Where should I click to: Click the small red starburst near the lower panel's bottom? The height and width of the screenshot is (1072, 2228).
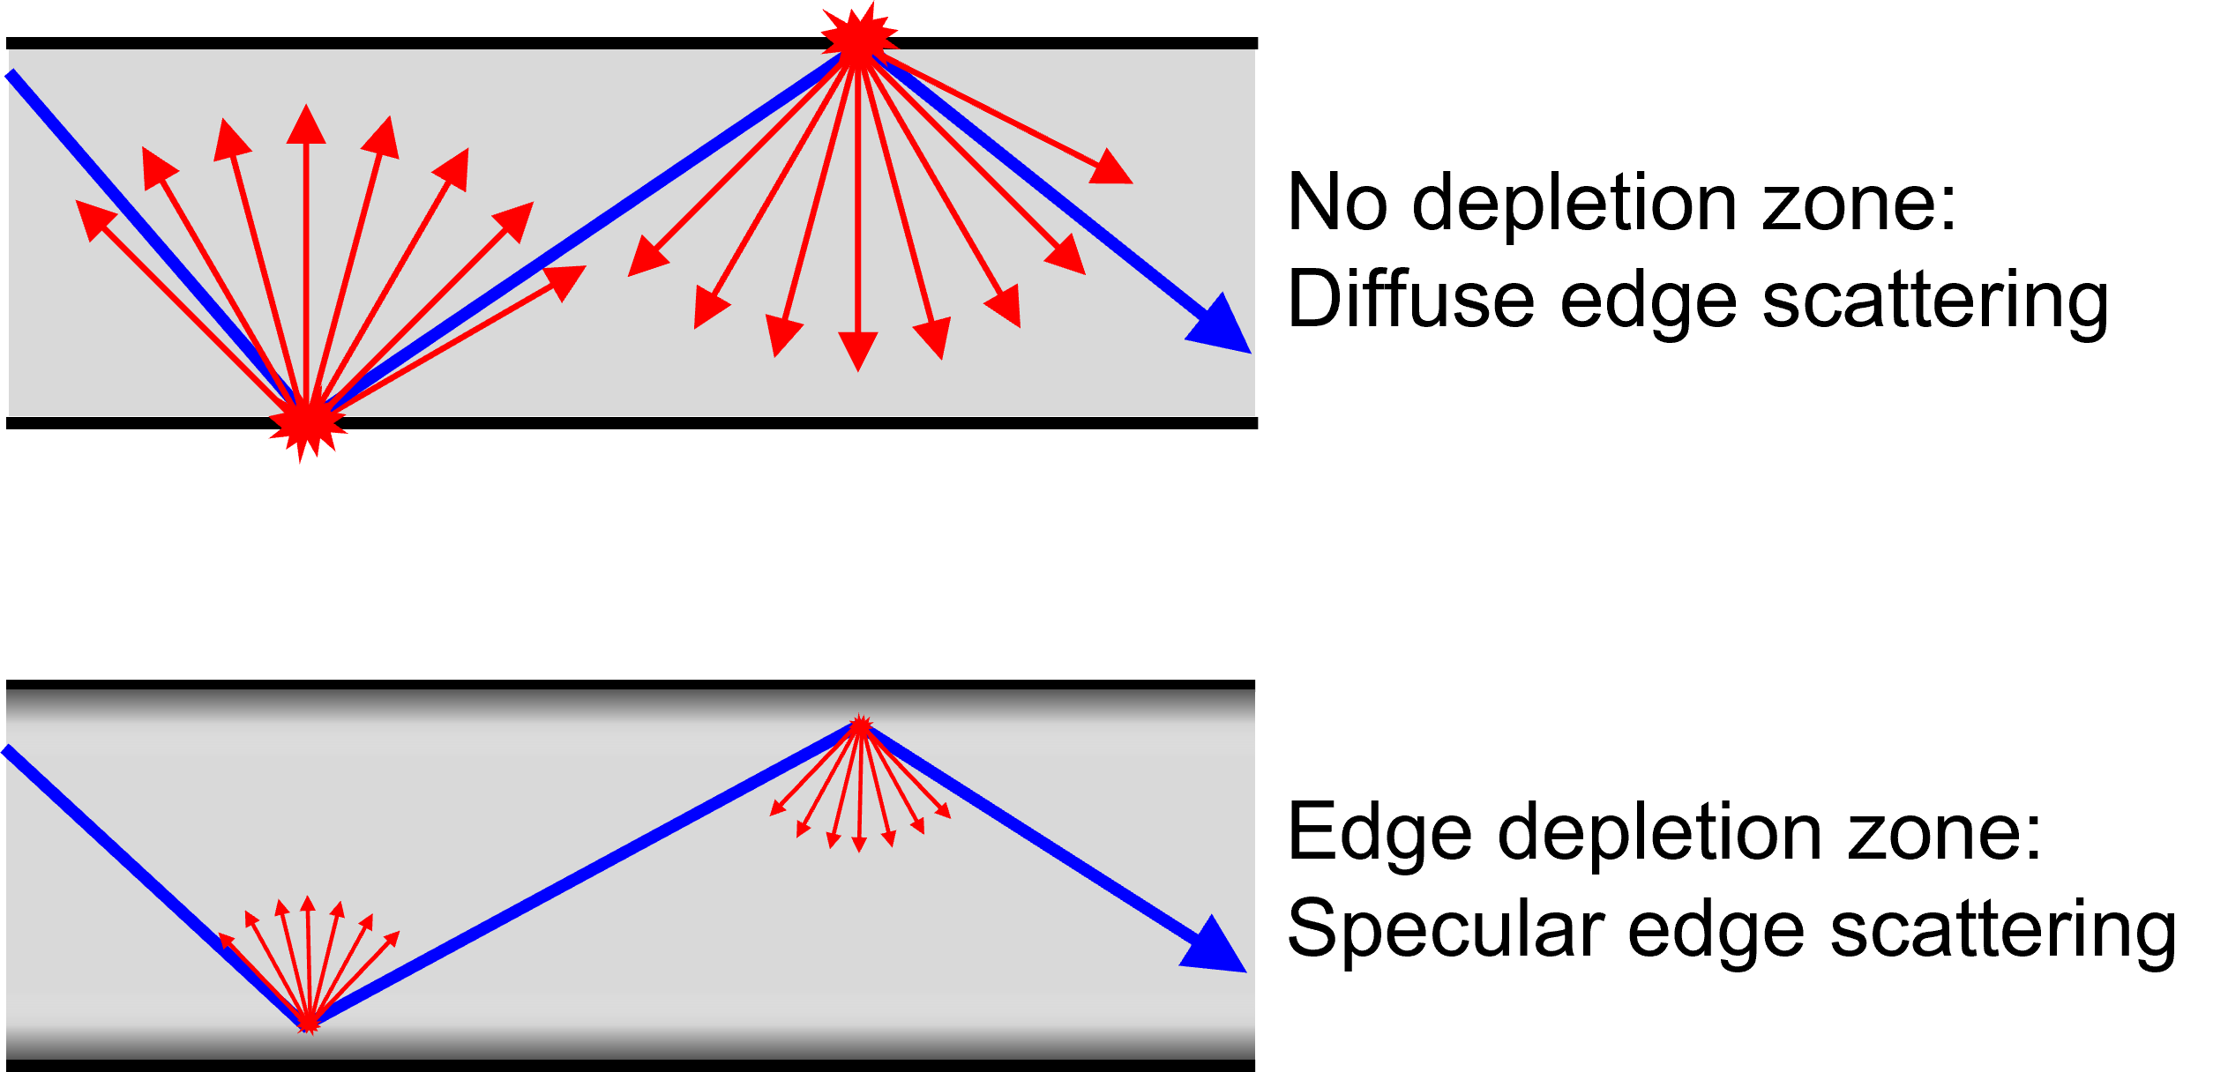click(x=308, y=1024)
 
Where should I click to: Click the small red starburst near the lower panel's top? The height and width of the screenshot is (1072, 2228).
click(x=860, y=726)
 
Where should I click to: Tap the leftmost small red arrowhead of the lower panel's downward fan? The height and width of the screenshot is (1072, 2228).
click(x=776, y=809)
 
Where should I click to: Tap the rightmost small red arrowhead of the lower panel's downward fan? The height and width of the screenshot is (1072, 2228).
click(x=944, y=810)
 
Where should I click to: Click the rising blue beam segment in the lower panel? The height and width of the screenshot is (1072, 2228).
click(x=582, y=875)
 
